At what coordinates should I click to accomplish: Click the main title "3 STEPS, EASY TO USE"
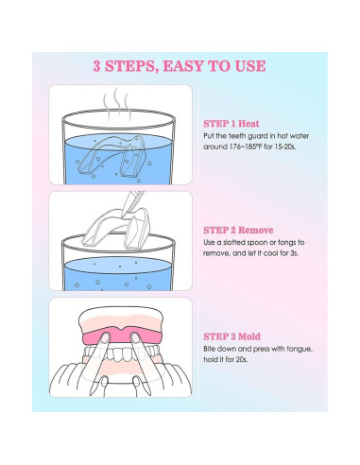tap(180, 66)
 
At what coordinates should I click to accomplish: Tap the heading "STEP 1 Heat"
tap(231, 124)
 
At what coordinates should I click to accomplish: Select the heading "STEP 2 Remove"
tap(238, 230)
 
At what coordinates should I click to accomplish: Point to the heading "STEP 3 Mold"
tap(231, 336)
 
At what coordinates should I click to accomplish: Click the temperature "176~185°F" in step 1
tap(242, 146)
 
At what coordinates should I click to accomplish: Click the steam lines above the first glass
tap(117, 106)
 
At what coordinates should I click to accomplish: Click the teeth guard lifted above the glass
tap(115, 228)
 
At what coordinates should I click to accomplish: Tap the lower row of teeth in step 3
tap(121, 354)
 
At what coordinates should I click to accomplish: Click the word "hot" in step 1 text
tap(283, 136)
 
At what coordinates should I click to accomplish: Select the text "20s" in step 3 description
tap(241, 359)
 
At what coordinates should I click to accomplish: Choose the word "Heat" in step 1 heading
tap(249, 124)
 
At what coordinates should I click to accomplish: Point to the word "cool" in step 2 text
tap(270, 253)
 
